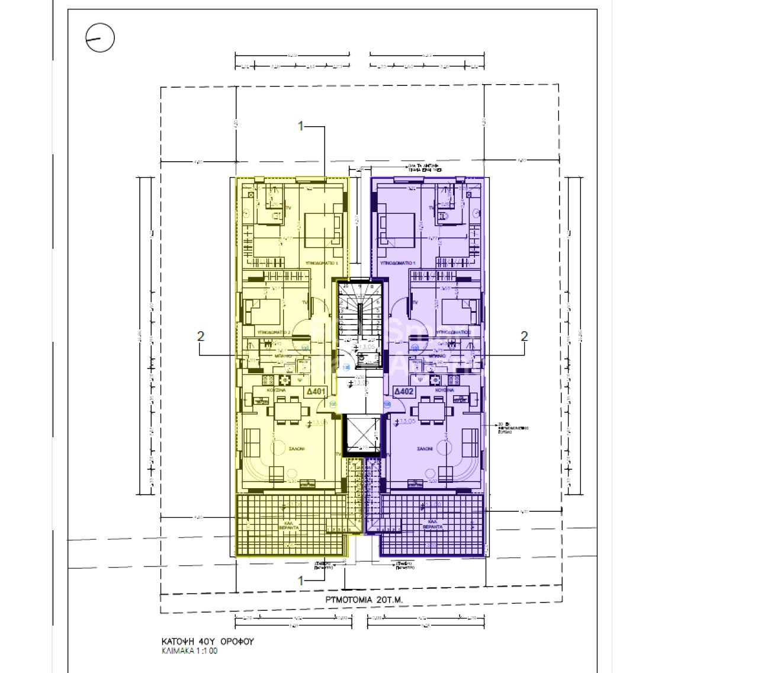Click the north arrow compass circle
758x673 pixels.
[x=100, y=39]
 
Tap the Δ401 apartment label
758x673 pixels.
[x=316, y=392]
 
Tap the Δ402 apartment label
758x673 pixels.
[x=404, y=392]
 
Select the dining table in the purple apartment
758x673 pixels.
[x=432, y=409]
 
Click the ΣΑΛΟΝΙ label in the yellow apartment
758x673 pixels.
[x=296, y=449]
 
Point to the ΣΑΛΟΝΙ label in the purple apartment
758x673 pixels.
[x=424, y=449]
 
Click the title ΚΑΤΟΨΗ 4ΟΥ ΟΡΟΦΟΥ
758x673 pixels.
[x=208, y=642]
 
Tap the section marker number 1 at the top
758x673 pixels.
[x=301, y=126]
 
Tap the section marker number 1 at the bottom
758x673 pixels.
[x=301, y=581]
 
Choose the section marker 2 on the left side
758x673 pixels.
[x=201, y=336]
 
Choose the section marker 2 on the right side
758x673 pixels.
[x=523, y=336]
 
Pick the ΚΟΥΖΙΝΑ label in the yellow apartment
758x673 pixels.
[x=277, y=391]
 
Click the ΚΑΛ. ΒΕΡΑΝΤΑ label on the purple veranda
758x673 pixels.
[x=432, y=525]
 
